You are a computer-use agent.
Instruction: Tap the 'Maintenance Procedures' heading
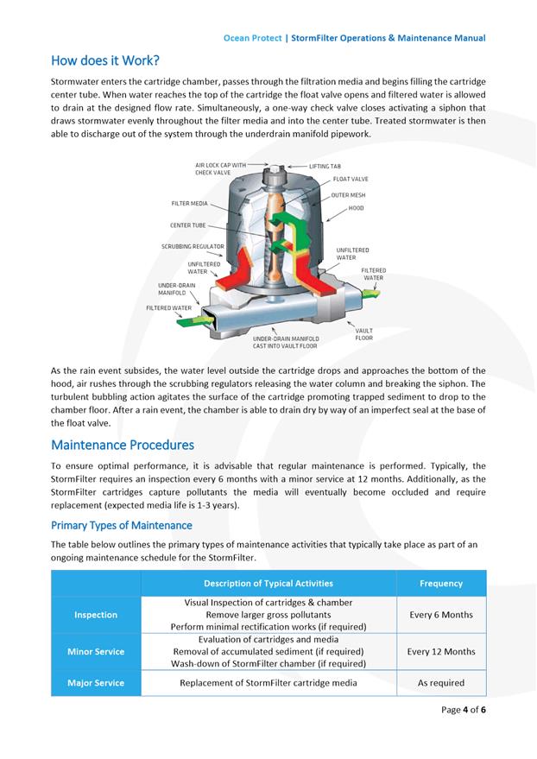(123, 446)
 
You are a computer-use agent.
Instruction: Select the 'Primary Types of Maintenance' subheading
(122, 525)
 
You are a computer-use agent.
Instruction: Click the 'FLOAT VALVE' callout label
(351, 179)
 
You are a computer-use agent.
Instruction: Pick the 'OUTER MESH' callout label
(349, 195)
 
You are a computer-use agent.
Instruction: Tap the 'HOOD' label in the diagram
(356, 208)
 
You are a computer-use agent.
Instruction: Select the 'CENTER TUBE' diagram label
(187, 225)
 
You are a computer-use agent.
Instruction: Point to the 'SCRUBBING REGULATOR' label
(193, 246)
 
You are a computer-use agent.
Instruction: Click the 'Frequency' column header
(440, 584)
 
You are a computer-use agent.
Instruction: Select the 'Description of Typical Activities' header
(268, 584)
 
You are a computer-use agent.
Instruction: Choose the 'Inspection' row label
(96, 615)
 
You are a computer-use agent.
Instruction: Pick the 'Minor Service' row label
(96, 651)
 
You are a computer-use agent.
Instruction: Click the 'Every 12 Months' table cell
(440, 651)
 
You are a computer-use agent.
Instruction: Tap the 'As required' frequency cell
(440, 683)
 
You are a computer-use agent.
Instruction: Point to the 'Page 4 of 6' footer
(464, 710)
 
